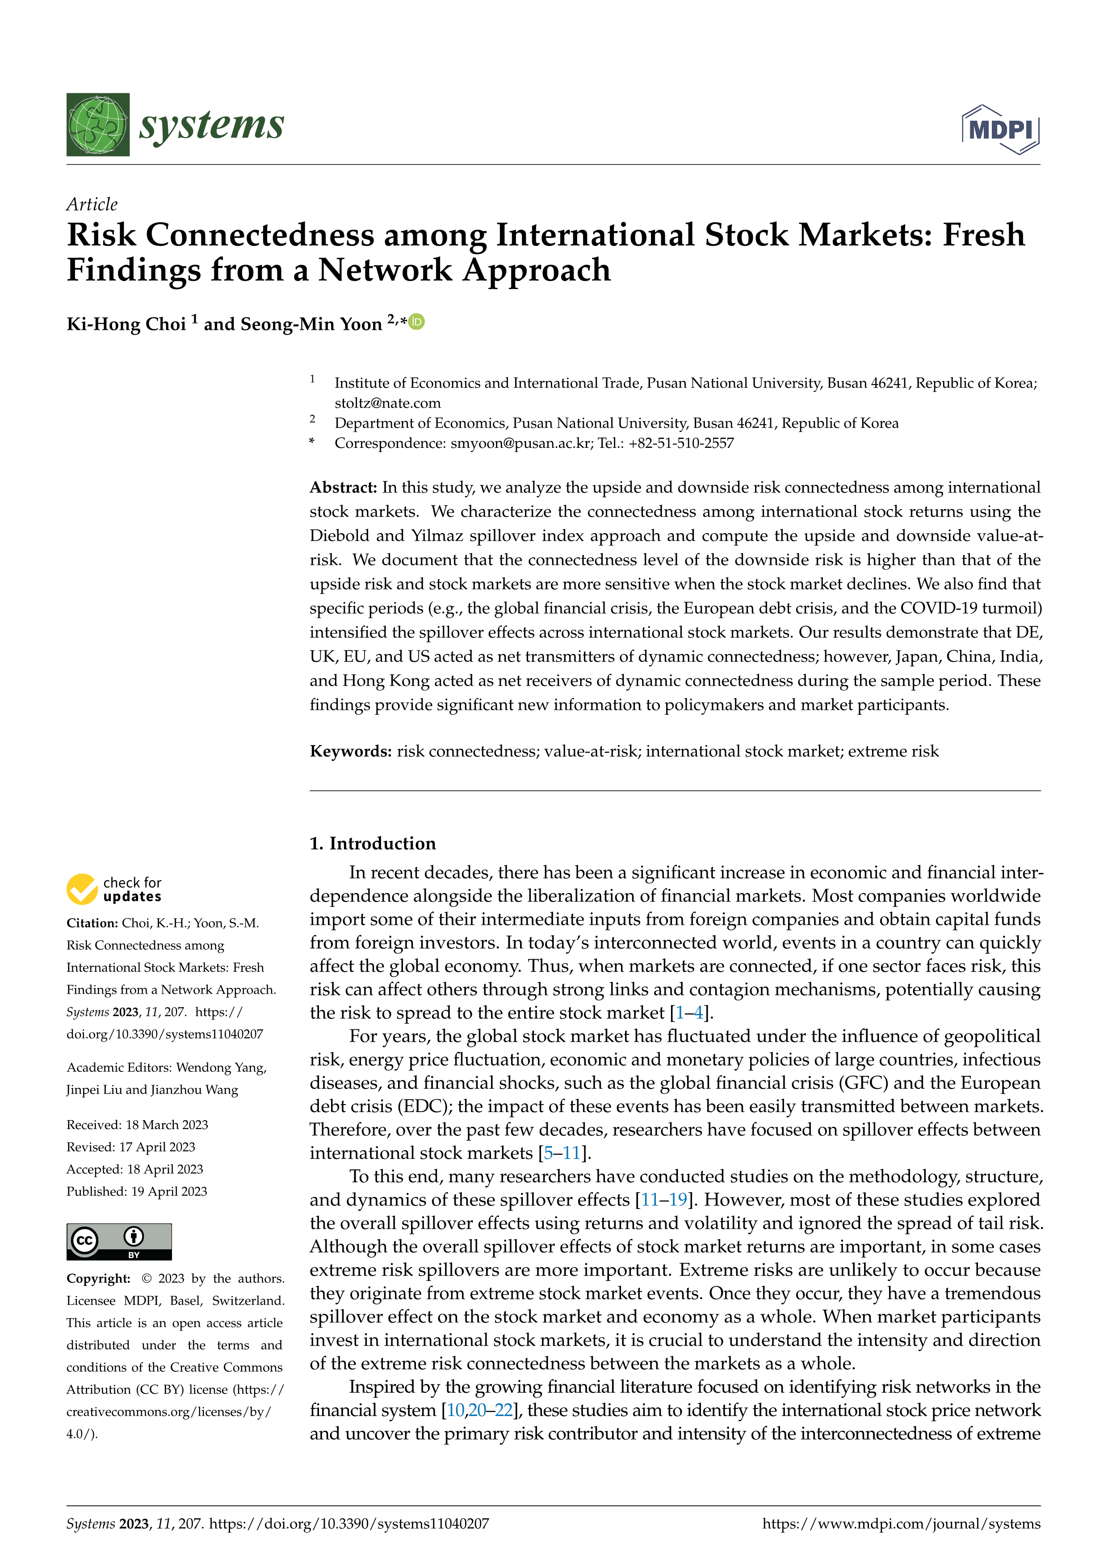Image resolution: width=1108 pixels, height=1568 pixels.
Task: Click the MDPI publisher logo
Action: [1000, 129]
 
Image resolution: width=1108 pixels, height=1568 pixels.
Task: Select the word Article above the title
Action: [92, 204]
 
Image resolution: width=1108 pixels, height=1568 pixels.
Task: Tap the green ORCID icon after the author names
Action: [416, 322]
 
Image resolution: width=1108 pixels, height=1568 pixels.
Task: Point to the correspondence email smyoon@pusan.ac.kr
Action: [520, 443]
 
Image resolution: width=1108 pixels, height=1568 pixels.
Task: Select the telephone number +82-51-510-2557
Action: [680, 443]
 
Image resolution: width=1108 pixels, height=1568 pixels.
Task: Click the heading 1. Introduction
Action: [372, 843]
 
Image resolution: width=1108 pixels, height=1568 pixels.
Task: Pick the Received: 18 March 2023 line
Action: [137, 1125]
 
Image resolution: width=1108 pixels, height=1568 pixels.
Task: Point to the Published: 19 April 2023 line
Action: [137, 1191]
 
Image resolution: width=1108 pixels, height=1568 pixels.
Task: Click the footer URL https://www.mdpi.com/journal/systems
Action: [901, 1524]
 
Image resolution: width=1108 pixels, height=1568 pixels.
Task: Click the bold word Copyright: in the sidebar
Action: [98, 1278]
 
